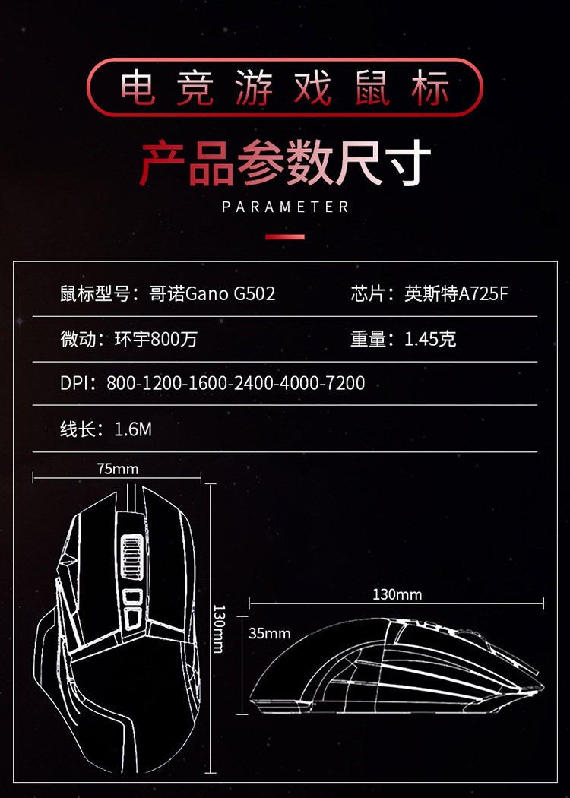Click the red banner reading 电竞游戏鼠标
point(285,87)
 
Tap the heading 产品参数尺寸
point(285,163)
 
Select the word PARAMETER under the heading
point(285,207)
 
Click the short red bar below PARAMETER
point(285,237)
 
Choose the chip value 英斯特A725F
point(456,293)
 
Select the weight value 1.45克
point(430,339)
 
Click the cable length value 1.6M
point(133,429)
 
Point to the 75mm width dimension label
point(118,469)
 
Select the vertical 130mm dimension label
point(218,629)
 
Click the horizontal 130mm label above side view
point(397,594)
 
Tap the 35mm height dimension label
point(270,633)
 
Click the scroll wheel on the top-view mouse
point(132,557)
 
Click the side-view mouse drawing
point(395,669)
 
